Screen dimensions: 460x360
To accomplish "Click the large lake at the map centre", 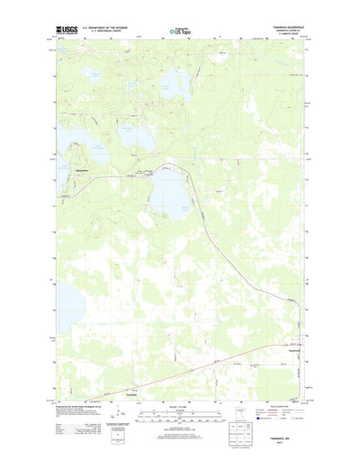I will point(168,191).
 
